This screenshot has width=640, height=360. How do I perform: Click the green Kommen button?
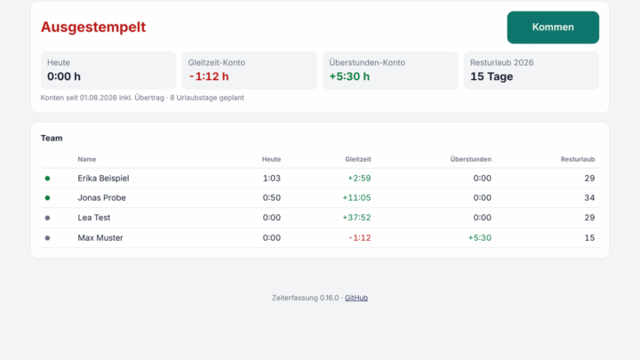(x=553, y=28)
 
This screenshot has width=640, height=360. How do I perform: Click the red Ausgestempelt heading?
(x=93, y=27)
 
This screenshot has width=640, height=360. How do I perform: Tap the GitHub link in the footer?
(x=356, y=298)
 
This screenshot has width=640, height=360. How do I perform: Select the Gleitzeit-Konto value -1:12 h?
(x=209, y=76)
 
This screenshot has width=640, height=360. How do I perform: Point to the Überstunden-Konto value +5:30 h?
(x=349, y=76)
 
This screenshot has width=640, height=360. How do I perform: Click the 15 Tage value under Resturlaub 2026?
(x=492, y=76)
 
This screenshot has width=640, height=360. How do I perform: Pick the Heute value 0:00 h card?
(x=108, y=70)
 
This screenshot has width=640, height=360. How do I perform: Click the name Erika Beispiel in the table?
(x=103, y=179)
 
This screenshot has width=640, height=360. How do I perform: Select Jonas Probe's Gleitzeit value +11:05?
(x=356, y=198)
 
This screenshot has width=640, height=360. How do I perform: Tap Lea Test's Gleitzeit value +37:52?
(x=356, y=218)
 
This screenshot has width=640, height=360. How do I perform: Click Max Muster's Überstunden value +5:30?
(x=480, y=237)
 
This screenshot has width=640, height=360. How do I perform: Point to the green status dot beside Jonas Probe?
(x=47, y=198)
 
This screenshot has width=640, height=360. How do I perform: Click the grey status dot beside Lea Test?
(x=47, y=218)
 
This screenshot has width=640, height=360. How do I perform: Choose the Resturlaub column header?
(x=578, y=159)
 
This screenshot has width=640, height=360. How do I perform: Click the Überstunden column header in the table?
(x=470, y=159)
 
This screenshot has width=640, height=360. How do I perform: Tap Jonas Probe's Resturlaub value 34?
(x=589, y=198)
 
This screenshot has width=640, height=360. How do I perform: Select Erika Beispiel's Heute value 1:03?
(x=271, y=179)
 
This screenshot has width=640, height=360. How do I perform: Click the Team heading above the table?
(x=52, y=139)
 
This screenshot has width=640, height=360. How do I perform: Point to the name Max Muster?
(x=100, y=237)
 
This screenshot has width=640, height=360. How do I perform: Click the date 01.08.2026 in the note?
(x=99, y=98)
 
